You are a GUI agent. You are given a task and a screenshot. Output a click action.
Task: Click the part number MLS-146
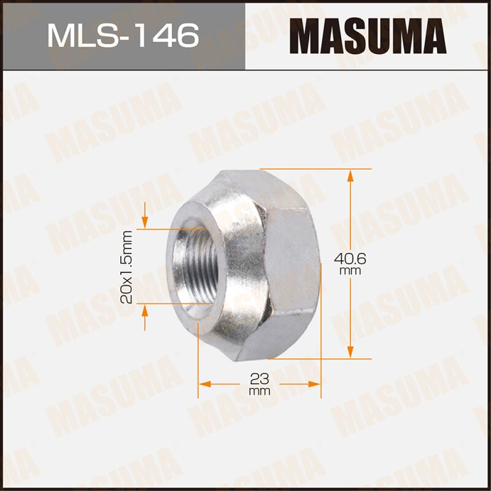tap(123, 35)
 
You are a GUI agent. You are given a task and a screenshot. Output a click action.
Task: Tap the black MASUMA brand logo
tap(368, 35)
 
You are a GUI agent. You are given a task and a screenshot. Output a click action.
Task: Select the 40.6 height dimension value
tap(351, 258)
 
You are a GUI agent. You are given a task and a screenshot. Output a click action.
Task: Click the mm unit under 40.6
tap(351, 271)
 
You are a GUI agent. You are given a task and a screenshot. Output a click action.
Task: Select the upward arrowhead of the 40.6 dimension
tap(350, 176)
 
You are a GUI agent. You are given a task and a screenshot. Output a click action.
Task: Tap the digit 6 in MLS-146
tap(188, 35)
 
